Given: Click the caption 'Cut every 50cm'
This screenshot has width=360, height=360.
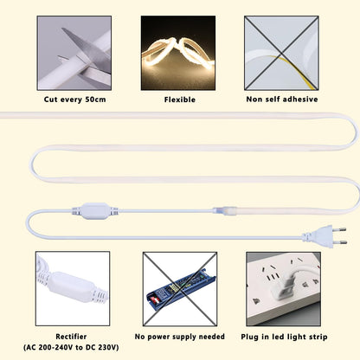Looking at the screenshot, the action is (74, 100).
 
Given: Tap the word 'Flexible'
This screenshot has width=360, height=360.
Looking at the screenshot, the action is (180, 100).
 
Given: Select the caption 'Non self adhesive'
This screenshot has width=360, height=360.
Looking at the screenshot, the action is (282, 100).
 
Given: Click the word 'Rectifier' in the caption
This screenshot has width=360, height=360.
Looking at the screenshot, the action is (71, 337).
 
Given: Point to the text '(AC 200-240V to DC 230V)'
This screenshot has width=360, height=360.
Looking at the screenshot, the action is (71, 347).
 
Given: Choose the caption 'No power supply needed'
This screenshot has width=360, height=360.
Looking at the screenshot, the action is (179, 337).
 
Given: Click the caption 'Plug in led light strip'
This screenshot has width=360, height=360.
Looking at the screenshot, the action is (284, 337).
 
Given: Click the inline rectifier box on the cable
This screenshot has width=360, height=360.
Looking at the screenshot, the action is (95, 211).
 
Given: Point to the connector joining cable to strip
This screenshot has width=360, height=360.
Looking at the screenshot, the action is (225, 210).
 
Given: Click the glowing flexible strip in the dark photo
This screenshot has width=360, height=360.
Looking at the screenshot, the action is (179, 52).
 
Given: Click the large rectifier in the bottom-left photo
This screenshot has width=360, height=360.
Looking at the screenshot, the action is (72, 287).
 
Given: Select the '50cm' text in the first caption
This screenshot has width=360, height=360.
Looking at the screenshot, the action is (95, 100).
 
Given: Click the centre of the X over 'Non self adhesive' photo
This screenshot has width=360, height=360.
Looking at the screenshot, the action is (281, 53).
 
